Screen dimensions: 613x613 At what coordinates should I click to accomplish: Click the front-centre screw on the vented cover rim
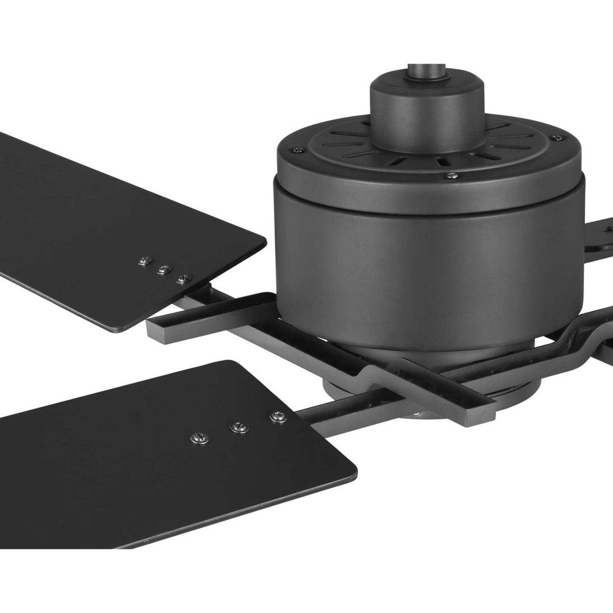tap(451, 176)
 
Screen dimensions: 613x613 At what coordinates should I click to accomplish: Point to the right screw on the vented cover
tap(560, 136)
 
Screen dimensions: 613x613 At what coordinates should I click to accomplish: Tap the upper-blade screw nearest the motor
tap(182, 278)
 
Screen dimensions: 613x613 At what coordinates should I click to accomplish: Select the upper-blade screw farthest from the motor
tap(144, 261)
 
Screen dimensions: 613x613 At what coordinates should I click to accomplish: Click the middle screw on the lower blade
tap(239, 426)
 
